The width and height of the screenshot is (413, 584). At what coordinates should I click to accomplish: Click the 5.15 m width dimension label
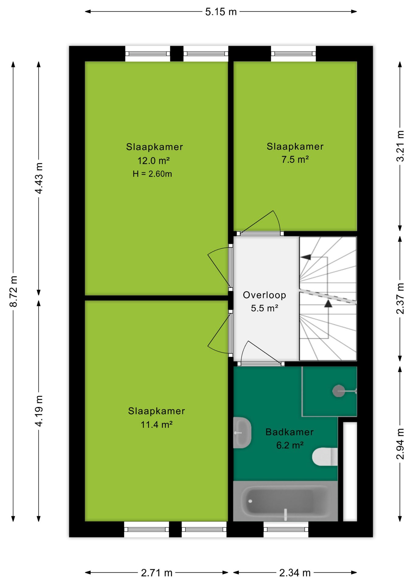pyautogui.click(x=221, y=12)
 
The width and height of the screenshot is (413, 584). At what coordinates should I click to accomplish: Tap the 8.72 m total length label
pyautogui.click(x=14, y=291)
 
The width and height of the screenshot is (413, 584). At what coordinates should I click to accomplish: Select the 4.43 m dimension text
pyautogui.click(x=39, y=178)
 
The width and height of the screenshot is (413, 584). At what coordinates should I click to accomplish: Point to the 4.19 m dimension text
pyautogui.click(x=39, y=411)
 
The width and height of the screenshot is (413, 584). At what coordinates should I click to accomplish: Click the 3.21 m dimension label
pyautogui.click(x=400, y=146)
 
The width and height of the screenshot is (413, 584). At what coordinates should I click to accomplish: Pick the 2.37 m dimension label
pyautogui.click(x=400, y=298)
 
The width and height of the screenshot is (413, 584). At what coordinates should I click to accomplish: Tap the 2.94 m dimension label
pyautogui.click(x=400, y=444)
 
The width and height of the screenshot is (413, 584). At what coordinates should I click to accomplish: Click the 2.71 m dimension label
pyautogui.click(x=157, y=573)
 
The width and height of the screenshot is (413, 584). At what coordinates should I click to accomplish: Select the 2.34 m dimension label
pyautogui.click(x=295, y=573)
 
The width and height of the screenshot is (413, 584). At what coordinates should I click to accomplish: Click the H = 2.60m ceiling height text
pyautogui.click(x=152, y=174)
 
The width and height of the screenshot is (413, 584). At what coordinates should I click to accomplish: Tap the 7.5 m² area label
pyautogui.click(x=295, y=159)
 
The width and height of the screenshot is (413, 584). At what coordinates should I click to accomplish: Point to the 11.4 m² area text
pyautogui.click(x=157, y=424)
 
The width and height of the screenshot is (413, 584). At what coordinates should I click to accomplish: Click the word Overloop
pyautogui.click(x=265, y=295)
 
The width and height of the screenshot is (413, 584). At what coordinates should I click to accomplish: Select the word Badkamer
pyautogui.click(x=290, y=432)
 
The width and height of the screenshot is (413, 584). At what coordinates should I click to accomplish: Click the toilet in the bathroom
pyautogui.click(x=325, y=457)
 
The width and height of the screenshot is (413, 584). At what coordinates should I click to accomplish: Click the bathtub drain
pyautogui.click(x=250, y=501)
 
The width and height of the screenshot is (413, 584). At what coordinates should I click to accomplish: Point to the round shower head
pyautogui.click(x=338, y=391)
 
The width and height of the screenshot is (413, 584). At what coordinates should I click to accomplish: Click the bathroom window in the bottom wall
pyautogui.click(x=286, y=529)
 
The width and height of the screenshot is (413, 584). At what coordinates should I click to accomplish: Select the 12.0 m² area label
pyautogui.click(x=154, y=161)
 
